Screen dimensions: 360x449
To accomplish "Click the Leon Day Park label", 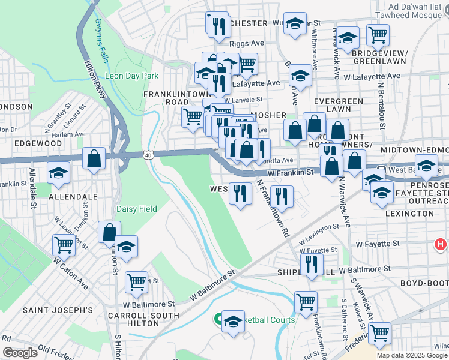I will click(131, 76).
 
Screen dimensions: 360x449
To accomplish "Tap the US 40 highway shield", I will click(149, 155).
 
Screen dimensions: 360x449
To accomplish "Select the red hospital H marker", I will click(441, 245).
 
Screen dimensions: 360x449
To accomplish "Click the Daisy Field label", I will click(137, 209).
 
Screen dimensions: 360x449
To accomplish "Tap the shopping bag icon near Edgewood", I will click(95, 159).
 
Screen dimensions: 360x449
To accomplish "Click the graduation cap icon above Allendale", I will click(58, 173).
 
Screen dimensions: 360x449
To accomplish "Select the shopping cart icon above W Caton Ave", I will click(64, 244).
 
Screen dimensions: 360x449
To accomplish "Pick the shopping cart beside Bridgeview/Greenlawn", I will click(378, 35).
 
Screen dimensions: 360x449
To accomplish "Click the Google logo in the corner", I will click(19, 353).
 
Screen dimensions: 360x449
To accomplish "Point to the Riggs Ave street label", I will click(247, 44).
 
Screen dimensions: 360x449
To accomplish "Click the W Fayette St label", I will click(377, 244).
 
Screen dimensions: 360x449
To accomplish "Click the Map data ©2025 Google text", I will click(412, 355).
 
